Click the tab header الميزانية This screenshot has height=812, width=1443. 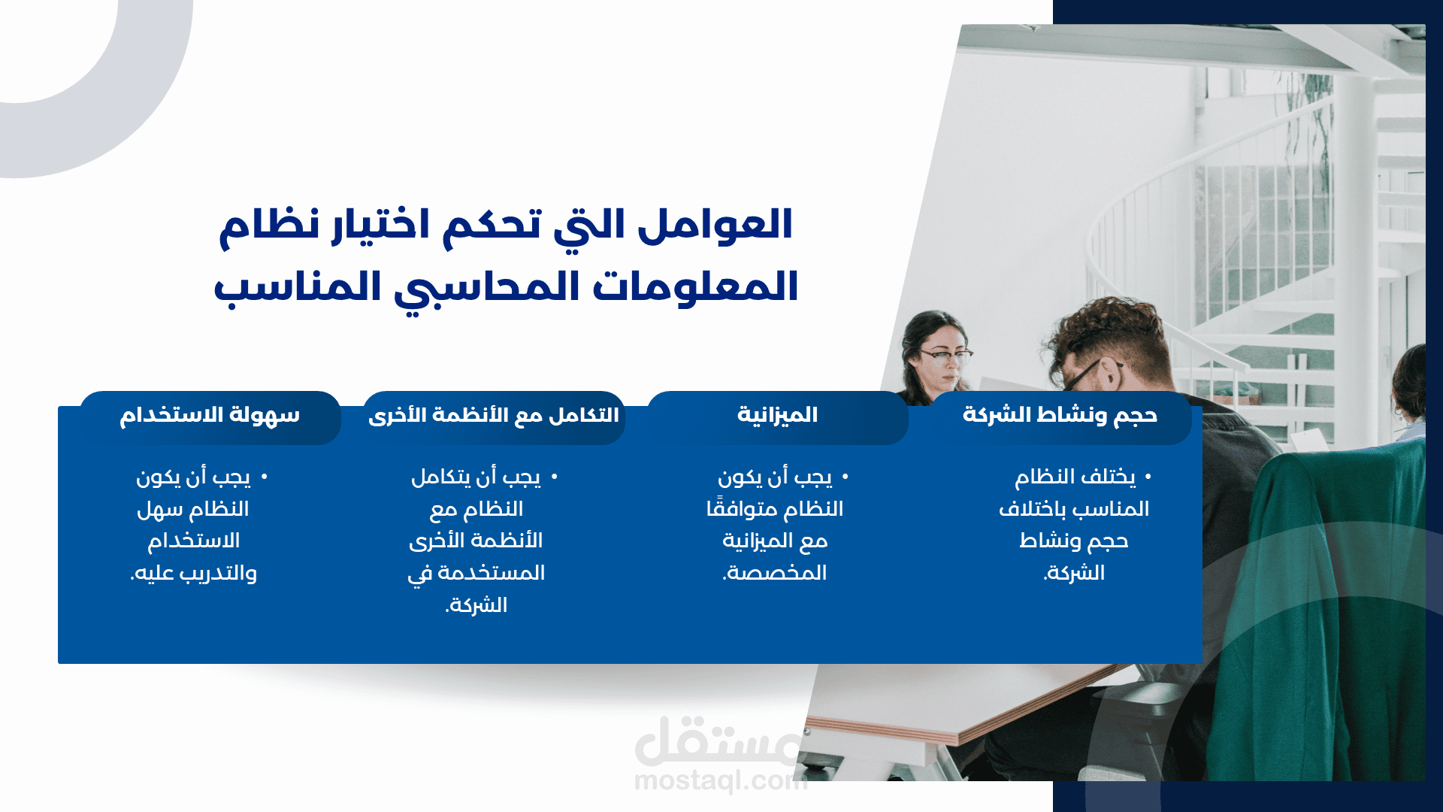777,415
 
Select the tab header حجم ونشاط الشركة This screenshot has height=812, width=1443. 1060,415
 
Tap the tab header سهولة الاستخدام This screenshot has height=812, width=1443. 210,415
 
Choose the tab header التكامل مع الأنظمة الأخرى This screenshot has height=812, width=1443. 494,415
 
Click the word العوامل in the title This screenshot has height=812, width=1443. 715,225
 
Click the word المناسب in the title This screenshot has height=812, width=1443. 298,287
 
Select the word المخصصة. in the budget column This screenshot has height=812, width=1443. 775,573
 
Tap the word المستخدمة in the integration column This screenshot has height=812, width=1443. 492,573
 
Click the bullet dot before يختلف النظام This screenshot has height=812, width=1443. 1148,477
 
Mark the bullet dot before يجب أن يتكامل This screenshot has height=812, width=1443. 554,477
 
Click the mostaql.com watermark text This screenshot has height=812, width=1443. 720,781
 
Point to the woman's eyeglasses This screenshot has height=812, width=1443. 945,354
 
